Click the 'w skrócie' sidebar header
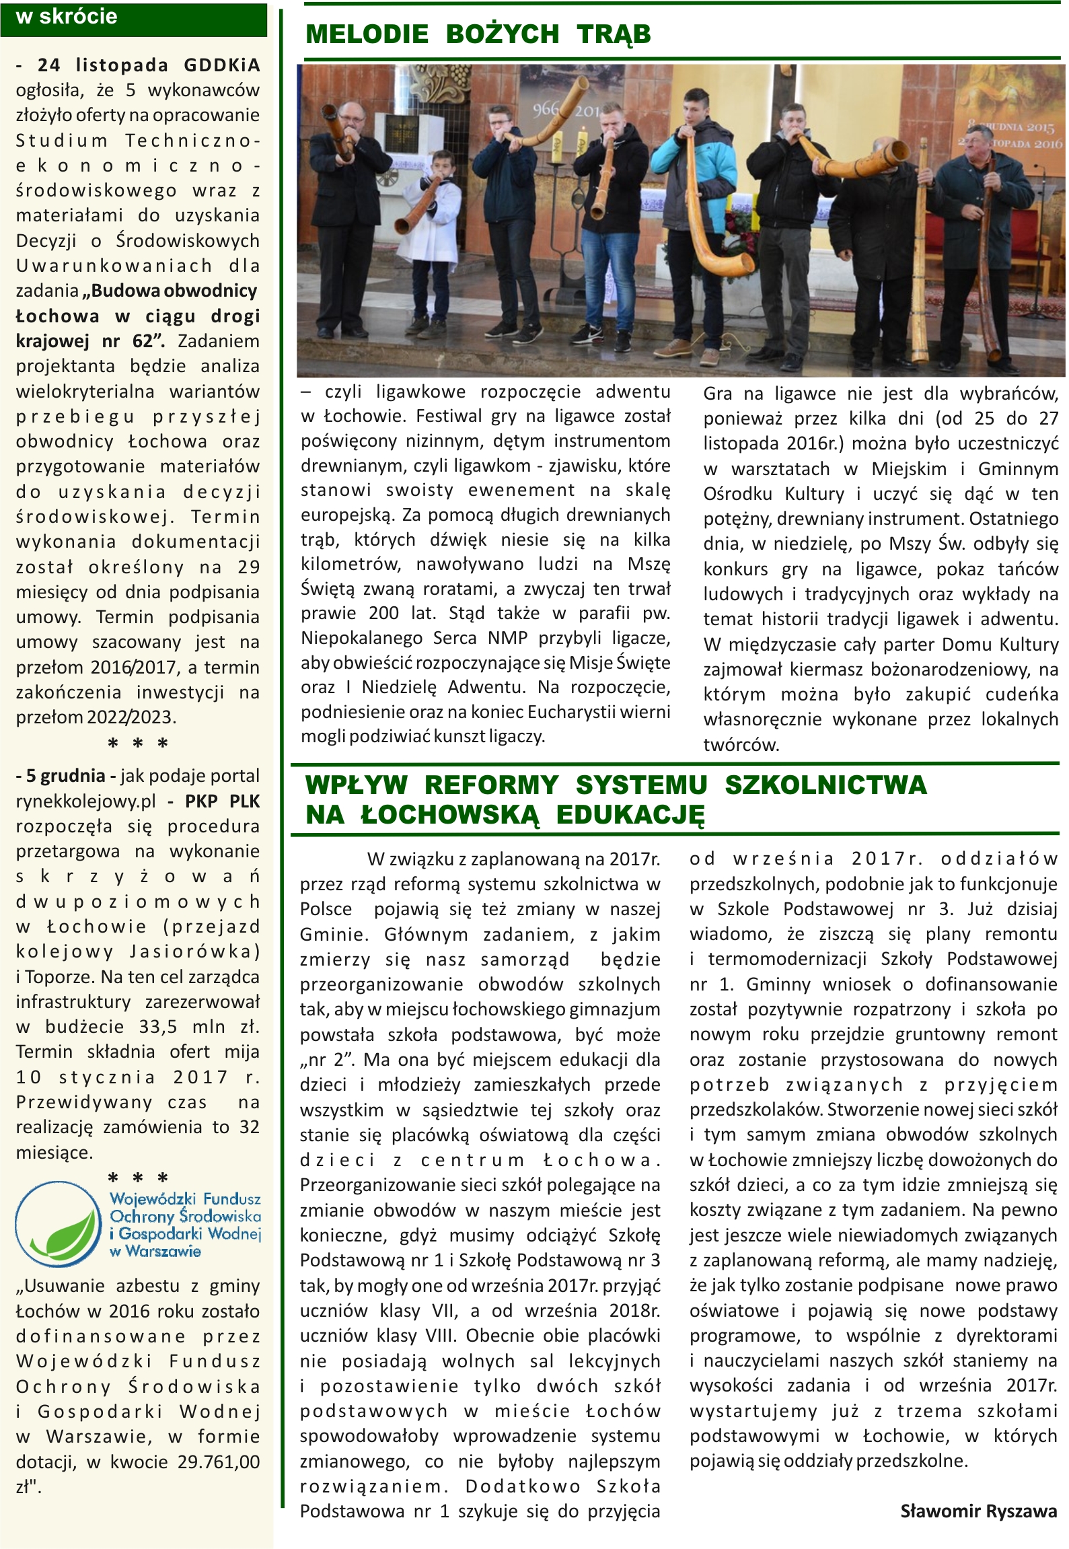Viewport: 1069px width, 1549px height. click(x=67, y=17)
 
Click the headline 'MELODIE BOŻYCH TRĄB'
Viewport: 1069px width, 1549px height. click(x=478, y=34)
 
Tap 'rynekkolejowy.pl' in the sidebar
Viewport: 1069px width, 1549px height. click(x=86, y=801)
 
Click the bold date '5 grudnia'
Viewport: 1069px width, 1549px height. click(x=65, y=776)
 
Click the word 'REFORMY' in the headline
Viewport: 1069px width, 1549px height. click(x=491, y=785)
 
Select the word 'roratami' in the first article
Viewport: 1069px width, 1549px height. click(x=460, y=589)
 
